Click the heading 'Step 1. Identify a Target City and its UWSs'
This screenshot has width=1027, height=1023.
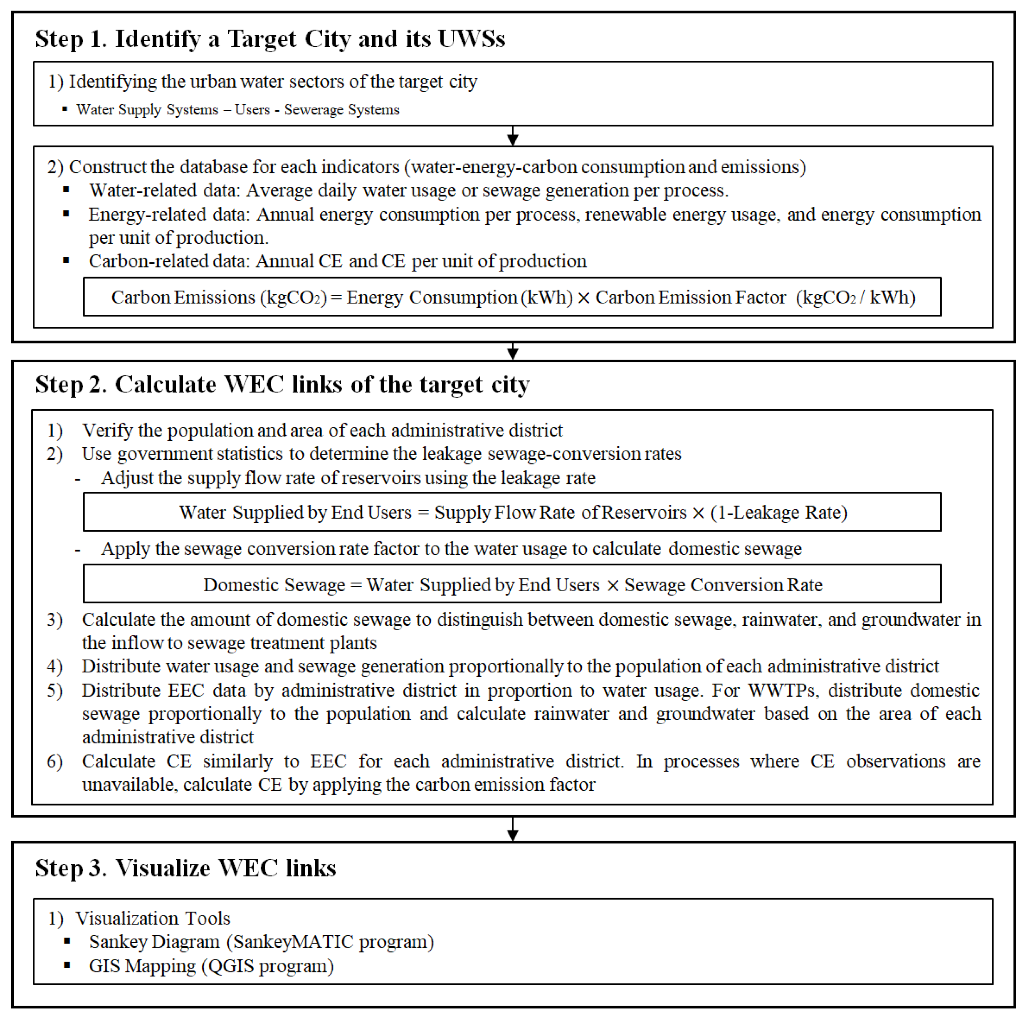270,39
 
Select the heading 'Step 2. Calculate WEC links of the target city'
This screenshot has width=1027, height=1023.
282,384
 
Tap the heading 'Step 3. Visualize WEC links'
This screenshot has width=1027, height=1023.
186,868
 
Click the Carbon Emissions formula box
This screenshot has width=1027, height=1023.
512,297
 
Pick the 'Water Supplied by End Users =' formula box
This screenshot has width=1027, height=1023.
512,512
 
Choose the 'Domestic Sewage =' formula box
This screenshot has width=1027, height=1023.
512,584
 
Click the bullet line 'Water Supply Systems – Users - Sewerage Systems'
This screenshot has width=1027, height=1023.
238,110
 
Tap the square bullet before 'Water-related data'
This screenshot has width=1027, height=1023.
66,189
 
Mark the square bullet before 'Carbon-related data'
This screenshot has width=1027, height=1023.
66,261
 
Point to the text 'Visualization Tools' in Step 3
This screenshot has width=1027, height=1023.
153,918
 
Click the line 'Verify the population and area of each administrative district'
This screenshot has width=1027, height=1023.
322,430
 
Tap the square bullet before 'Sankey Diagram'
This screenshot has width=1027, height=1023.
67,941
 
